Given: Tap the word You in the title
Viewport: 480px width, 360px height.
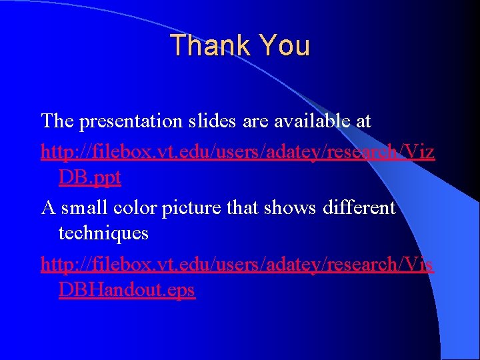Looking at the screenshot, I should (x=284, y=46).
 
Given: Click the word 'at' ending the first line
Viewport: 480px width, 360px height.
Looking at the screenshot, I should (x=363, y=122).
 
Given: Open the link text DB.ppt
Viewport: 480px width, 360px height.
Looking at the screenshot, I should (x=90, y=177).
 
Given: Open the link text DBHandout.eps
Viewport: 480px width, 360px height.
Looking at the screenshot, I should (x=127, y=291).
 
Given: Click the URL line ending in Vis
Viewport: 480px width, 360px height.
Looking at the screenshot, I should (x=237, y=264).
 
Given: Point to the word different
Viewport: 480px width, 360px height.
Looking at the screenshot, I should (x=359, y=207).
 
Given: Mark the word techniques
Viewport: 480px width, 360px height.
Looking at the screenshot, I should (x=103, y=234).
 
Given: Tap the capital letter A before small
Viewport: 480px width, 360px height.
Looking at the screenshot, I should (x=48, y=207).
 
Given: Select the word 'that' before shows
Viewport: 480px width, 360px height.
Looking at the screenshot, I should (x=245, y=207).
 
